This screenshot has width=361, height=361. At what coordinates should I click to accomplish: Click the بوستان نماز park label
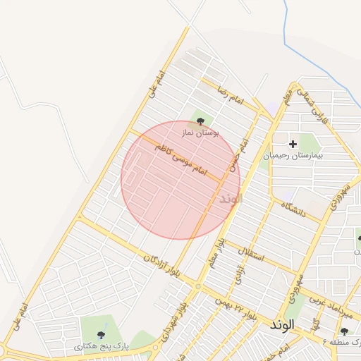click(201, 132)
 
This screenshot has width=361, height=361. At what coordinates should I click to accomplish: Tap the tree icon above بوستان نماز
click(201, 121)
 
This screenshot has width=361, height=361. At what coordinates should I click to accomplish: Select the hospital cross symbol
click(293, 144)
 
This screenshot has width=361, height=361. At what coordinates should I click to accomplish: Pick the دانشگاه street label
click(293, 209)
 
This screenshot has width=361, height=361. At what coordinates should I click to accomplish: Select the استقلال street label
click(250, 252)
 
